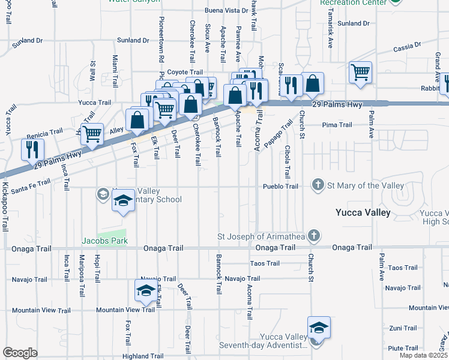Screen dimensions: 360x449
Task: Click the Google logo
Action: coord(20,353)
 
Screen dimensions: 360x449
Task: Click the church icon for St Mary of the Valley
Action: coord(318,185)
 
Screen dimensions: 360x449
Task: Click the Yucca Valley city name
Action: coord(363,212)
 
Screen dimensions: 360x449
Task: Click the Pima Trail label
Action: coord(337,125)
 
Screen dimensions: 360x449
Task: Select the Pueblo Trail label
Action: coord(280,187)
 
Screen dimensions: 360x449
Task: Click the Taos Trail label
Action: coord(265,263)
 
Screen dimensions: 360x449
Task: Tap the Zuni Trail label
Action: coord(403,328)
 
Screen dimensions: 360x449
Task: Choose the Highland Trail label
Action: coord(143,356)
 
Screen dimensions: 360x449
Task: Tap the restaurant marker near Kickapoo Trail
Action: coord(32,150)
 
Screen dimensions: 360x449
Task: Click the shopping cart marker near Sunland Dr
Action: coord(360,73)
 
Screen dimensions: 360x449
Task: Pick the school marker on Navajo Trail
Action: coord(145,292)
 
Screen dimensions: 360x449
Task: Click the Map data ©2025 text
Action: coord(423,355)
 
